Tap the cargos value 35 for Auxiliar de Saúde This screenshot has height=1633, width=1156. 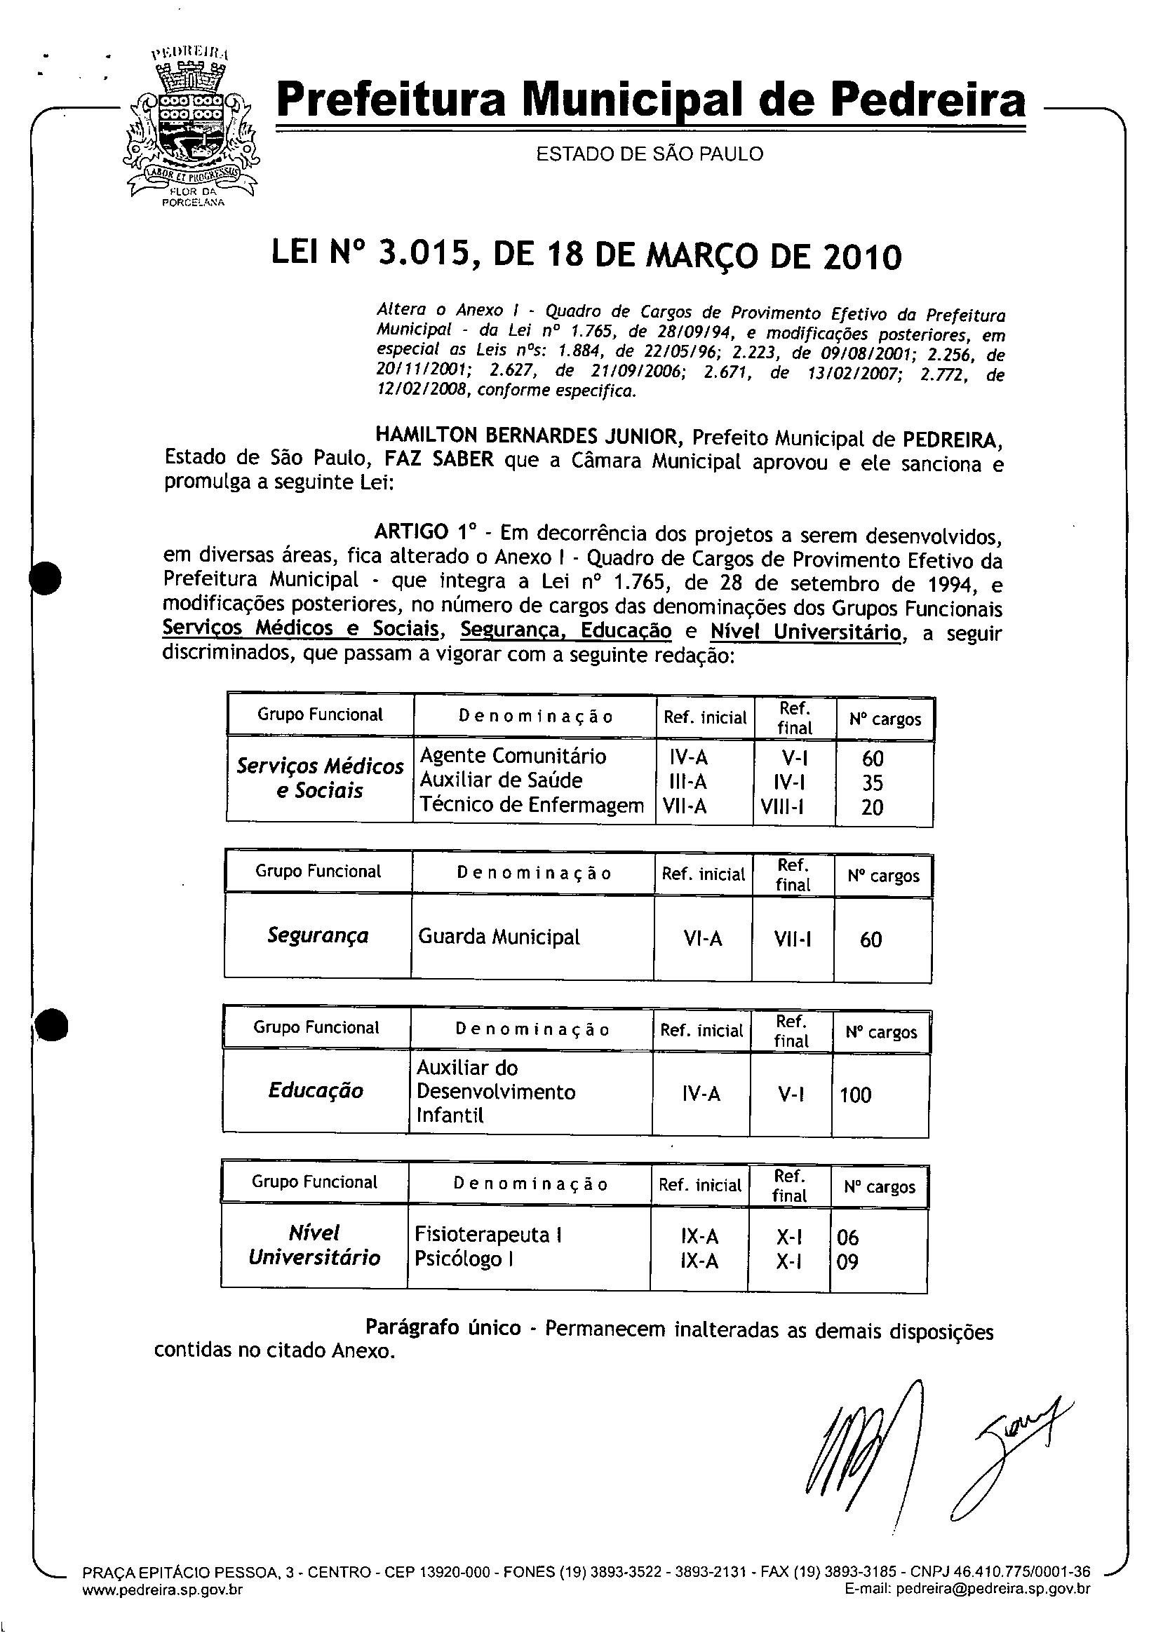click(872, 782)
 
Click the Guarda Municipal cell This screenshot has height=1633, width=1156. click(499, 937)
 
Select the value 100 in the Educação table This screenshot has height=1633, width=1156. click(855, 1095)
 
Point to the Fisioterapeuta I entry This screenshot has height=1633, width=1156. click(488, 1235)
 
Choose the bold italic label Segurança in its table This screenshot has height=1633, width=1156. click(318, 935)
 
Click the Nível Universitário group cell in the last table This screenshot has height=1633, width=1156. click(314, 1245)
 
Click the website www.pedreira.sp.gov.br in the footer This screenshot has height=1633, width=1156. click(162, 1590)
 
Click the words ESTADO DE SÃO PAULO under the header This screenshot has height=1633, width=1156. click(649, 154)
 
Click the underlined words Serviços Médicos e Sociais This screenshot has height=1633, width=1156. click(300, 629)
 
